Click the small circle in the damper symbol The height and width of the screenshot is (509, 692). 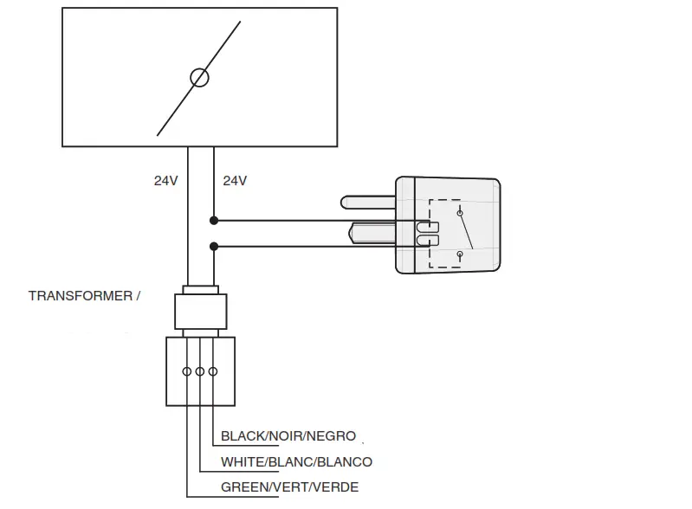[199, 78]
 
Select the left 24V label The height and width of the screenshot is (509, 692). [165, 181]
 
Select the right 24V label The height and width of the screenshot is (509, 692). [235, 181]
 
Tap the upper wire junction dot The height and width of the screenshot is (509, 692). [214, 221]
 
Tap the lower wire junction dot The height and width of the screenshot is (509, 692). [214, 247]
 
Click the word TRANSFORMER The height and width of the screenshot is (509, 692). [79, 295]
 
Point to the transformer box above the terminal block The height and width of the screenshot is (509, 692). [201, 311]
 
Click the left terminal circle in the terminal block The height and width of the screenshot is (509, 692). [186, 371]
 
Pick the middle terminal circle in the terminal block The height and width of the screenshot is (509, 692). [200, 371]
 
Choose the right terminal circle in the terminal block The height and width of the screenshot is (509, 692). [213, 371]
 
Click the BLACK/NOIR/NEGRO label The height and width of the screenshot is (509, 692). [288, 437]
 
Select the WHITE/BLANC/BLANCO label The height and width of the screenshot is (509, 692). [296, 462]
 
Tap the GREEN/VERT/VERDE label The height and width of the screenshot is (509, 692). [289, 487]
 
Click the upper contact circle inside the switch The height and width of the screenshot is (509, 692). [460, 212]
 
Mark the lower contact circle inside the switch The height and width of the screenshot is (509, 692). [460, 254]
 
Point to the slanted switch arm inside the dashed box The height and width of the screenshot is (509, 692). [466, 232]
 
